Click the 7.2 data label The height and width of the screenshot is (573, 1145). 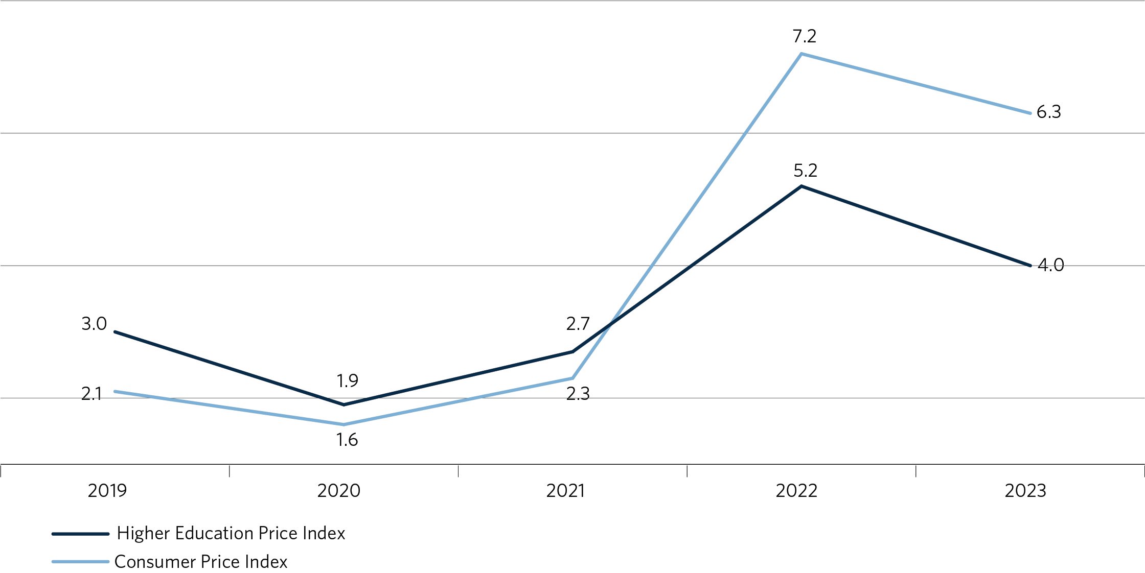pyautogui.click(x=804, y=36)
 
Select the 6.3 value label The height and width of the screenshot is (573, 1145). pyautogui.click(x=1048, y=112)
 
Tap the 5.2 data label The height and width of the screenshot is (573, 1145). pyautogui.click(x=805, y=171)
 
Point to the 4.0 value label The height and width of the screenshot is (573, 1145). pyautogui.click(x=1050, y=265)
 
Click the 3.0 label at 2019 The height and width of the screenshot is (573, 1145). pyautogui.click(x=94, y=324)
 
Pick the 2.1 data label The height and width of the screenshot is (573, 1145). pyautogui.click(x=92, y=394)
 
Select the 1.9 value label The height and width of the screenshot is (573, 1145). pyautogui.click(x=347, y=381)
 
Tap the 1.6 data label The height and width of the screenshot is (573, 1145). pyautogui.click(x=347, y=440)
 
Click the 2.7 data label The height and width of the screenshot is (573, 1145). pyautogui.click(x=578, y=324)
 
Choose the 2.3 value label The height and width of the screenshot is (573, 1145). pyautogui.click(x=578, y=394)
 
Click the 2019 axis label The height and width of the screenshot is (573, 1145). pyautogui.click(x=107, y=491)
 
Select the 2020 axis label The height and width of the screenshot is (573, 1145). pyautogui.click(x=338, y=491)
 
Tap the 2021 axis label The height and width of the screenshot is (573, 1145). pyautogui.click(x=565, y=491)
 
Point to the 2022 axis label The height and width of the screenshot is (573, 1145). pyautogui.click(x=796, y=491)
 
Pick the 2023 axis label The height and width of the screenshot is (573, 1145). pyautogui.click(x=1025, y=491)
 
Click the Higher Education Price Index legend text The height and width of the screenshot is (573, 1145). pyautogui.click(x=231, y=533)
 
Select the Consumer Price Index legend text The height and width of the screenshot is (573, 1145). pyautogui.click(x=201, y=562)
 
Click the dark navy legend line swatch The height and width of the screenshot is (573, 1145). pyautogui.click(x=80, y=534)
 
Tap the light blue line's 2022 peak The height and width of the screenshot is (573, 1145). pyautogui.click(x=801, y=54)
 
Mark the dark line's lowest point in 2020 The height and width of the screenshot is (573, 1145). pyautogui.click(x=343, y=405)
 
